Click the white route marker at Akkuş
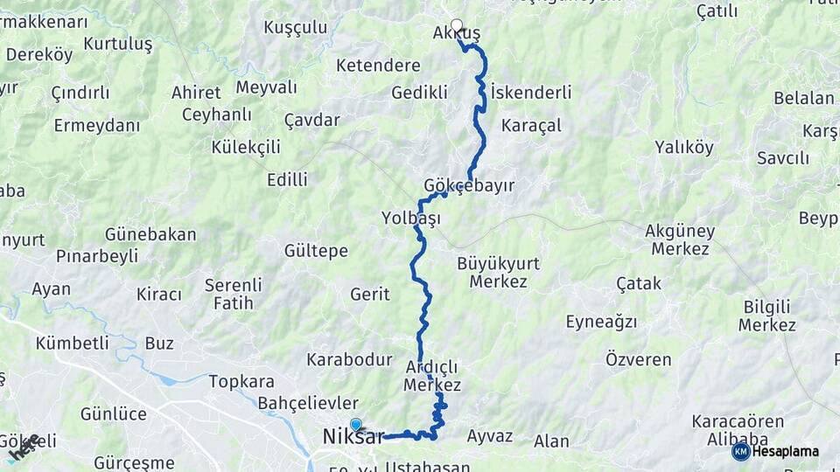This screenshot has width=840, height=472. (456, 25)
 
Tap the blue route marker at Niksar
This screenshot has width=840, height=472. (356, 425)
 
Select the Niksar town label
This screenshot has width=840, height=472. (353, 437)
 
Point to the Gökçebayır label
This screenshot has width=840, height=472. (468, 186)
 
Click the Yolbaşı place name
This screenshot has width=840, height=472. (410, 218)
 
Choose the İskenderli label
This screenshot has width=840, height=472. (531, 93)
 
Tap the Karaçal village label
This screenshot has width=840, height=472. (531, 126)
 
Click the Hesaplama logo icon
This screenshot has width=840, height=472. (740, 451)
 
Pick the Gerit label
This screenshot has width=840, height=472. (369, 295)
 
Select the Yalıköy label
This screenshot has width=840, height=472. (684, 148)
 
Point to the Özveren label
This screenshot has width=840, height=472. (639, 359)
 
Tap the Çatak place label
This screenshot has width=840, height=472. (639, 284)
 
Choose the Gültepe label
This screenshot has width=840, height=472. (316, 252)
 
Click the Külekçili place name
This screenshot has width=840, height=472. (246, 147)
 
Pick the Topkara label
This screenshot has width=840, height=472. (241, 382)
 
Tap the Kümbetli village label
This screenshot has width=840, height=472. (72, 344)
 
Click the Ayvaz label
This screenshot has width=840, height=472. (490, 436)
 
